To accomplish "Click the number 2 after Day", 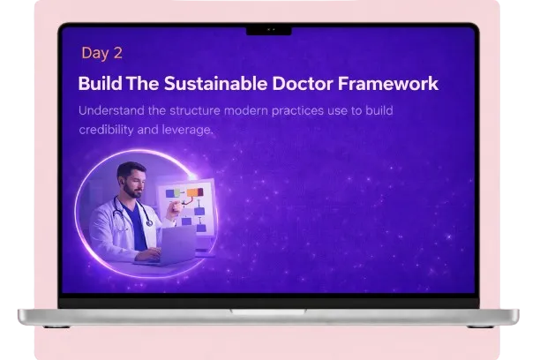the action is (x=117, y=53).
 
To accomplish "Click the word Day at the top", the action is (x=95, y=54).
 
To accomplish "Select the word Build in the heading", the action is (x=101, y=83).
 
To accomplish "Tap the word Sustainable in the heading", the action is (x=215, y=83).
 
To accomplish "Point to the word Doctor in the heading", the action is (x=303, y=84).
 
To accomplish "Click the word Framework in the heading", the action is (x=388, y=84).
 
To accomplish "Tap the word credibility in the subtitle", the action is (x=106, y=130).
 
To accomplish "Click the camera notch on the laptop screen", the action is (x=269, y=30).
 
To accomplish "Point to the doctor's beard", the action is (x=132, y=191).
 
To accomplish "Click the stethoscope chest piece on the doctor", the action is (x=149, y=223).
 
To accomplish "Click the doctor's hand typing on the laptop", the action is (x=148, y=254).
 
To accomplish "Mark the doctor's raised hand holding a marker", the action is (x=176, y=210).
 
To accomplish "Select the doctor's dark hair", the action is (x=130, y=168).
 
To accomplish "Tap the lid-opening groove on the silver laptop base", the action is (x=268, y=311).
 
